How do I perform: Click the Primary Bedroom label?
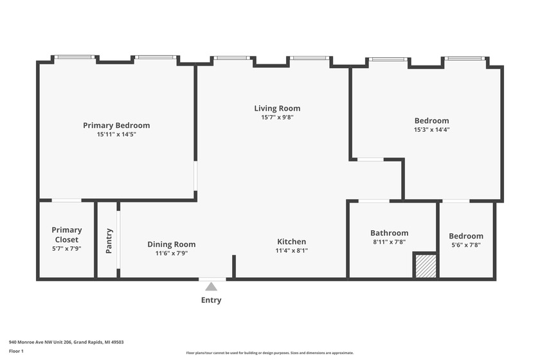click(x=116, y=125)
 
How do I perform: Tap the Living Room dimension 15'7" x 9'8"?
click(x=277, y=117)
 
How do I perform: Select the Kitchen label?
click(x=292, y=242)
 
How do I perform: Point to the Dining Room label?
click(x=172, y=244)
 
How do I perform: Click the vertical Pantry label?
click(x=109, y=241)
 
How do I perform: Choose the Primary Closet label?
click(x=67, y=235)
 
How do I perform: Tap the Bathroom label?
click(x=390, y=233)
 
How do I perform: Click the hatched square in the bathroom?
click(x=426, y=266)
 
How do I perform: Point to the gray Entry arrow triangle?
click(x=211, y=287)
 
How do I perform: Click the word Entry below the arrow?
click(x=211, y=300)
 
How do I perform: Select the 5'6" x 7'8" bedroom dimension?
click(x=466, y=245)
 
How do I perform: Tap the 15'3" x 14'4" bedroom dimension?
click(x=432, y=129)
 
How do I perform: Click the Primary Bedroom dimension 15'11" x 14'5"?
click(x=116, y=134)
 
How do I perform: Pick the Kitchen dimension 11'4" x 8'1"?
click(x=292, y=251)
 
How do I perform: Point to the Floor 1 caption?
click(x=16, y=351)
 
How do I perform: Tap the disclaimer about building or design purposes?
click(x=269, y=353)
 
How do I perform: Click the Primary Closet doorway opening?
click(x=66, y=200)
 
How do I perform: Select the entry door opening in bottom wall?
click(x=213, y=279)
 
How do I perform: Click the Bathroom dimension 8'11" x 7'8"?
click(x=390, y=242)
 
